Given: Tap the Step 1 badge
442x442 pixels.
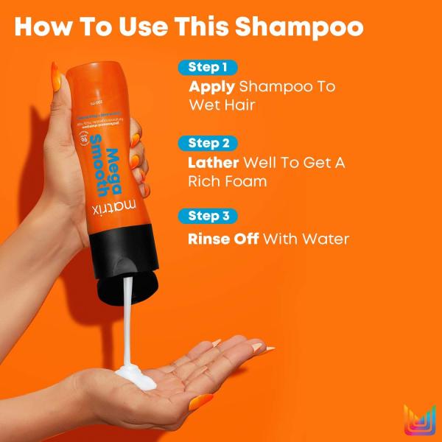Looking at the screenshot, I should point(207,68).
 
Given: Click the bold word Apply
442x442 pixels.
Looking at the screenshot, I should point(211,87).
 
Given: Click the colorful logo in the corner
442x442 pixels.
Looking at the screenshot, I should point(420,421).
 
